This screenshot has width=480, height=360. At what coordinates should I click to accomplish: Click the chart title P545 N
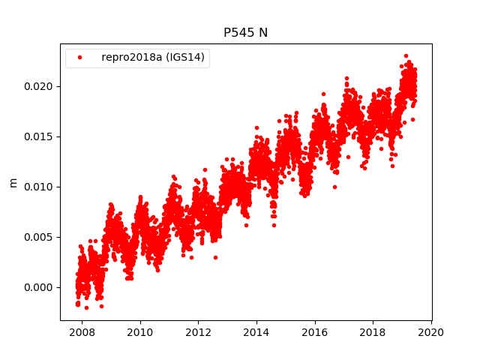245,32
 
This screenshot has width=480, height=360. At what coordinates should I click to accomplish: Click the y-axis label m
13,182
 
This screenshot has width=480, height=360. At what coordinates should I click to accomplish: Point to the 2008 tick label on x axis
82,332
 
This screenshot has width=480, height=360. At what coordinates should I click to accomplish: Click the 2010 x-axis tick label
140,332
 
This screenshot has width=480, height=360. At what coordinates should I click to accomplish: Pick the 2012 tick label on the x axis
198,332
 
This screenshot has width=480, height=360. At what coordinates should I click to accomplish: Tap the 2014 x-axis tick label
256,332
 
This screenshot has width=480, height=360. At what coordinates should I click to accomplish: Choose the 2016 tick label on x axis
315,332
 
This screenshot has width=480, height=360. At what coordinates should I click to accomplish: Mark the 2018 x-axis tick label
373,332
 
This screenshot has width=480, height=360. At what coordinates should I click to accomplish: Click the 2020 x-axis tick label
431,332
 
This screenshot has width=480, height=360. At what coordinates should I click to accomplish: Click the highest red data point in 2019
406,55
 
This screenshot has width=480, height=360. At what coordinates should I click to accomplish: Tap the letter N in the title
263,32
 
